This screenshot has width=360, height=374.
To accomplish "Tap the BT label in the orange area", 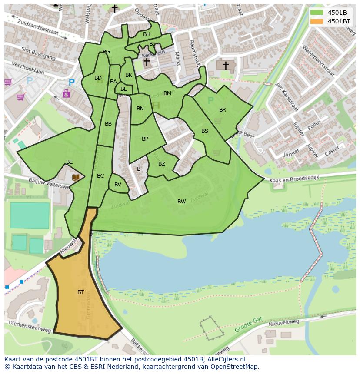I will [80, 292].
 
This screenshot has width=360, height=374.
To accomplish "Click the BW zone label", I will [181, 201].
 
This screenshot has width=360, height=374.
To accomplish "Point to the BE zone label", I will [69, 162].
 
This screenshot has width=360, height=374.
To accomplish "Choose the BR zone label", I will [223, 110].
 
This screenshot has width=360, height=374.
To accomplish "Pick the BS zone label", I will [204, 131].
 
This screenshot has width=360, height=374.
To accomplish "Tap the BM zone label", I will [167, 93].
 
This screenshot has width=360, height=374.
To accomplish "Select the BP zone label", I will [145, 139].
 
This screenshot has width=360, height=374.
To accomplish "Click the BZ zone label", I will [161, 164].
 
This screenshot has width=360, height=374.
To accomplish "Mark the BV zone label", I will [118, 185].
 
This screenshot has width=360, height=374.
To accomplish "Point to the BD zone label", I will [98, 78].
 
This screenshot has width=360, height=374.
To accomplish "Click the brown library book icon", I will [76, 177].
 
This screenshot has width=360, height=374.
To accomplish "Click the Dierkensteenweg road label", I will [30, 327].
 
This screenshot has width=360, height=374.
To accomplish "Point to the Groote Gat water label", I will [249, 324].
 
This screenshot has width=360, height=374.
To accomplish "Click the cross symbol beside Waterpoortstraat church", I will [226, 65].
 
